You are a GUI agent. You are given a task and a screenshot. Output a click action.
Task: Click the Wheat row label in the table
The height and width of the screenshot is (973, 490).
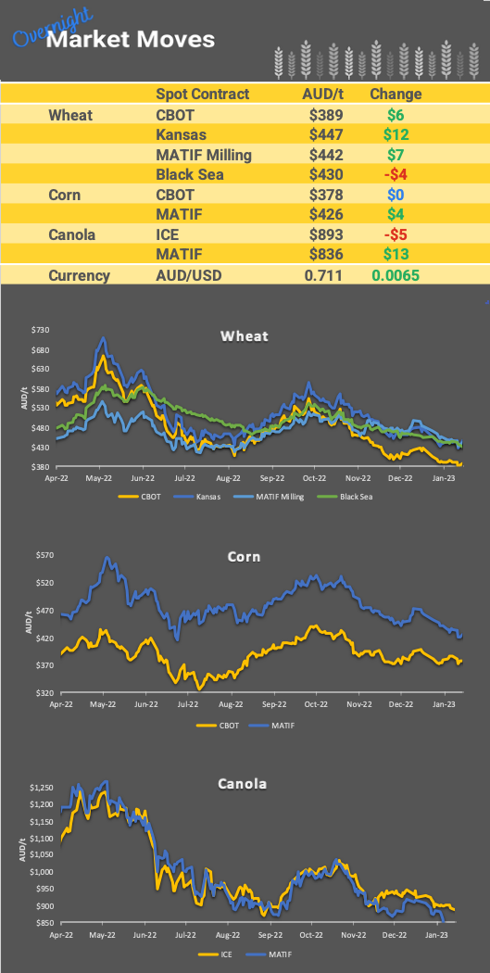point(70,115)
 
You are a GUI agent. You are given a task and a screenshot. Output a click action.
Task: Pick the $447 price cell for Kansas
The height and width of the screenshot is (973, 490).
point(326,134)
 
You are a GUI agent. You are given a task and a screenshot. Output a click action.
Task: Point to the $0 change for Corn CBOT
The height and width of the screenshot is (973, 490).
point(396,195)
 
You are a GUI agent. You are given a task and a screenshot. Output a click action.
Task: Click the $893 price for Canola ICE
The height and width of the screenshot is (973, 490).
point(326,234)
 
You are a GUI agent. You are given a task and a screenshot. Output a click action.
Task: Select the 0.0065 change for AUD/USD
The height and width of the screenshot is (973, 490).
point(396,275)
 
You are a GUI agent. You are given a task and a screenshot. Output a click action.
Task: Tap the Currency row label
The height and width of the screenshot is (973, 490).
point(79,275)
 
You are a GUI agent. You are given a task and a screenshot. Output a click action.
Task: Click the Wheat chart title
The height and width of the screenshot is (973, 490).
point(245,335)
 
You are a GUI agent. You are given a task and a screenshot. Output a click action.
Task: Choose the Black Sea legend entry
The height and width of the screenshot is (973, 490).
point(360,497)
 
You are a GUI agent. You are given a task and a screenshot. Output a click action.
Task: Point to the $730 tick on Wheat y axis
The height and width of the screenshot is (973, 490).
point(41,330)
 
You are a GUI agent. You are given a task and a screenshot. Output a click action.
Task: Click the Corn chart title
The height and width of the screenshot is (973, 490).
point(245,557)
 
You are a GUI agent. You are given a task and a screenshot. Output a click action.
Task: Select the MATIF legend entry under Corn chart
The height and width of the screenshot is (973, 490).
point(281,725)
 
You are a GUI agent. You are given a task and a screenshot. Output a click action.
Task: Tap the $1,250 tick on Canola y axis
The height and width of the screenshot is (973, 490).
point(38,788)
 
